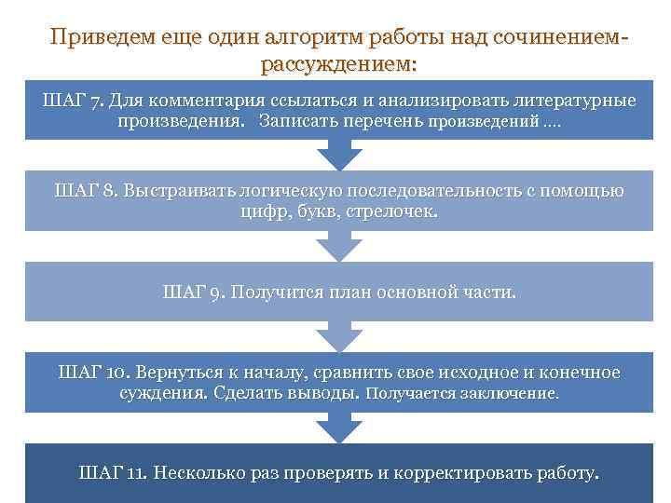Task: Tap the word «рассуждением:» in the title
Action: click(339, 64)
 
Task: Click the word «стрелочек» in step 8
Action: click(390, 212)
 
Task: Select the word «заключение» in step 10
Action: click(511, 394)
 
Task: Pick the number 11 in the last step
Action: click(135, 472)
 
